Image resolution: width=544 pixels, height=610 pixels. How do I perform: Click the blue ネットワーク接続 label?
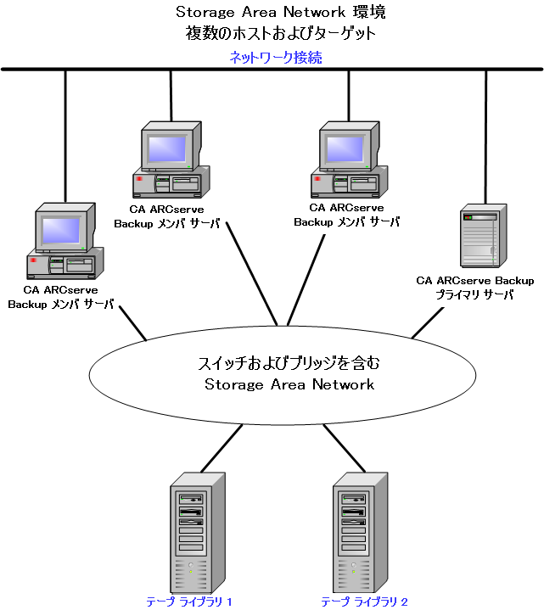275,58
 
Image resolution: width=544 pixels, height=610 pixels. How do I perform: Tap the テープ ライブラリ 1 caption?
189,602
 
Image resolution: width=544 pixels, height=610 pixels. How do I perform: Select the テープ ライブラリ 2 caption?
364,602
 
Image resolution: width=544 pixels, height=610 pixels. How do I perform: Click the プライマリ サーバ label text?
474,294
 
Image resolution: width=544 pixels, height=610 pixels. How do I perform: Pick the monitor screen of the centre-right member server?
346,148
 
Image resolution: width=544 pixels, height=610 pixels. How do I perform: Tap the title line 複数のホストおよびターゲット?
280,34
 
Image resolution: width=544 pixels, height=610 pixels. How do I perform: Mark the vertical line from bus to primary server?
485,136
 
